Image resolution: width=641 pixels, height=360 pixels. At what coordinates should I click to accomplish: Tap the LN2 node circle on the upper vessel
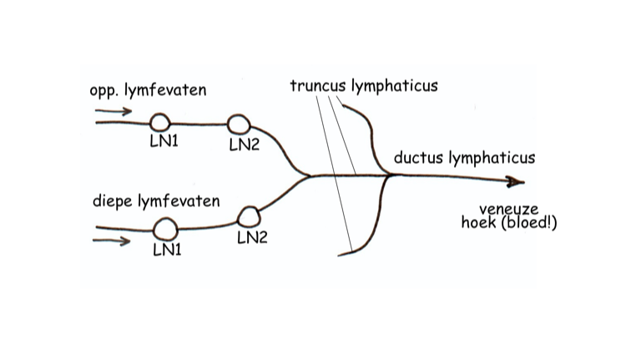[239, 124]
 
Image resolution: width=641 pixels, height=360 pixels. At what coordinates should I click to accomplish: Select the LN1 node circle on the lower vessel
[166, 227]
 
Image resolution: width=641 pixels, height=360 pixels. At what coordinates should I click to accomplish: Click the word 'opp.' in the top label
[103, 90]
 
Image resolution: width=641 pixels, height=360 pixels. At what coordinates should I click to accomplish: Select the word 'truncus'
[316, 85]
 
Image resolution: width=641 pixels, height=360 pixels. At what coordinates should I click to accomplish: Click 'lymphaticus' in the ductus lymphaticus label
[492, 158]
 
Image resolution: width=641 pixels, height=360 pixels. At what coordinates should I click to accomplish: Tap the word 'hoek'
[478, 222]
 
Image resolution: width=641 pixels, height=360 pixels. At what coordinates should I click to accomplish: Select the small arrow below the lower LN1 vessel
[114, 242]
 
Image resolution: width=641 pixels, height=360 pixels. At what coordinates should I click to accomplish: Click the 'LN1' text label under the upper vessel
[164, 141]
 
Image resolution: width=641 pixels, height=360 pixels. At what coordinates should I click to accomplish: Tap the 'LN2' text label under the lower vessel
[252, 237]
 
